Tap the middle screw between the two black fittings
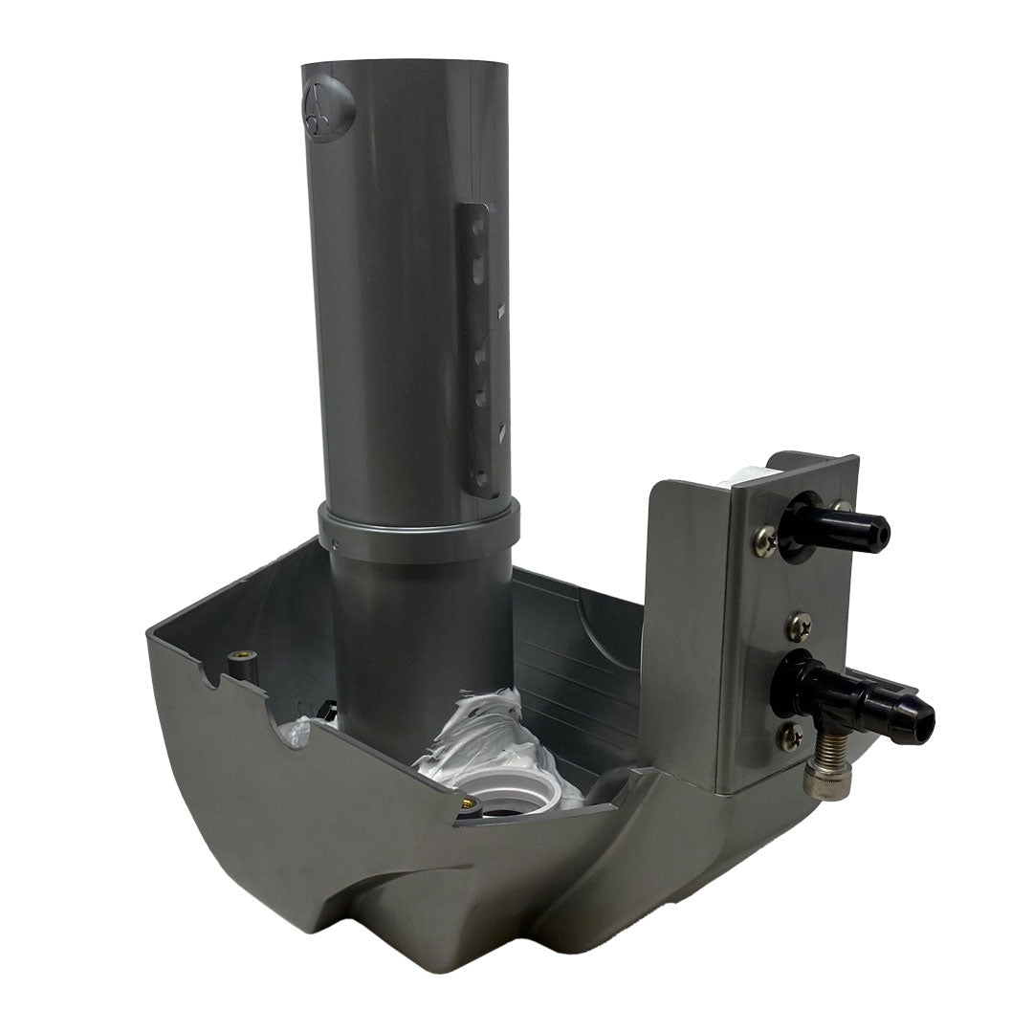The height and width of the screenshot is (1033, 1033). pos(799,626)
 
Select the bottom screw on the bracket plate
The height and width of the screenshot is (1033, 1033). pos(791,736)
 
